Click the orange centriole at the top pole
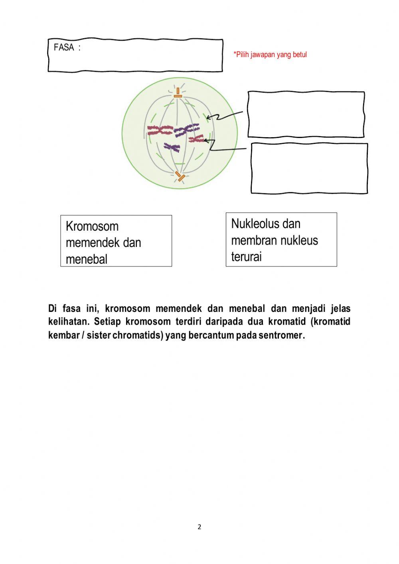point(178,93)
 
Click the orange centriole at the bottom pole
point(180,176)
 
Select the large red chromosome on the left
point(160,130)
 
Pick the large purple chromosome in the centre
point(186,130)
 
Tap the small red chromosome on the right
point(196,139)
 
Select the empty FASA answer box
point(136,56)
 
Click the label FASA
point(64,47)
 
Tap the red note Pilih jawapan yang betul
point(270,55)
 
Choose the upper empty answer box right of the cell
point(306,114)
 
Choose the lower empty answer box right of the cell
point(309,168)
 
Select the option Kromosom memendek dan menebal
point(116,241)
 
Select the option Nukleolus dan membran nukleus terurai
point(281,240)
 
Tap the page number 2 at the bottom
point(199,527)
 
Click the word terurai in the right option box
point(246,257)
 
